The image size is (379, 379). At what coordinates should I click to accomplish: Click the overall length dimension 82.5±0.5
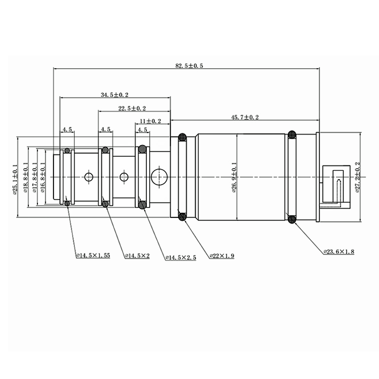click(189, 65)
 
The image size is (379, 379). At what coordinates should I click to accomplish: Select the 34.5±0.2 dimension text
click(114, 95)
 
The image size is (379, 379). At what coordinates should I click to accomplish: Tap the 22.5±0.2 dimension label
click(132, 108)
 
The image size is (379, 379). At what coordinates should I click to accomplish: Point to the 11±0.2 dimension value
click(150, 121)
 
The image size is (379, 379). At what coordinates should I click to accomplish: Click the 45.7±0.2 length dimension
click(245, 117)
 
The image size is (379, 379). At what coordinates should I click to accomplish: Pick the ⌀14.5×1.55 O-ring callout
click(93, 255)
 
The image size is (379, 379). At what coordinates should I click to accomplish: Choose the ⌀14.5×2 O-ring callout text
click(137, 255)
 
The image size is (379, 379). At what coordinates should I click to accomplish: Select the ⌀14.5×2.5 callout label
click(180, 258)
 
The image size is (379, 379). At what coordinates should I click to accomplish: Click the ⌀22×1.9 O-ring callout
click(222, 256)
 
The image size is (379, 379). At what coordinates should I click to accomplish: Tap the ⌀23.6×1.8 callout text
click(339, 252)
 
